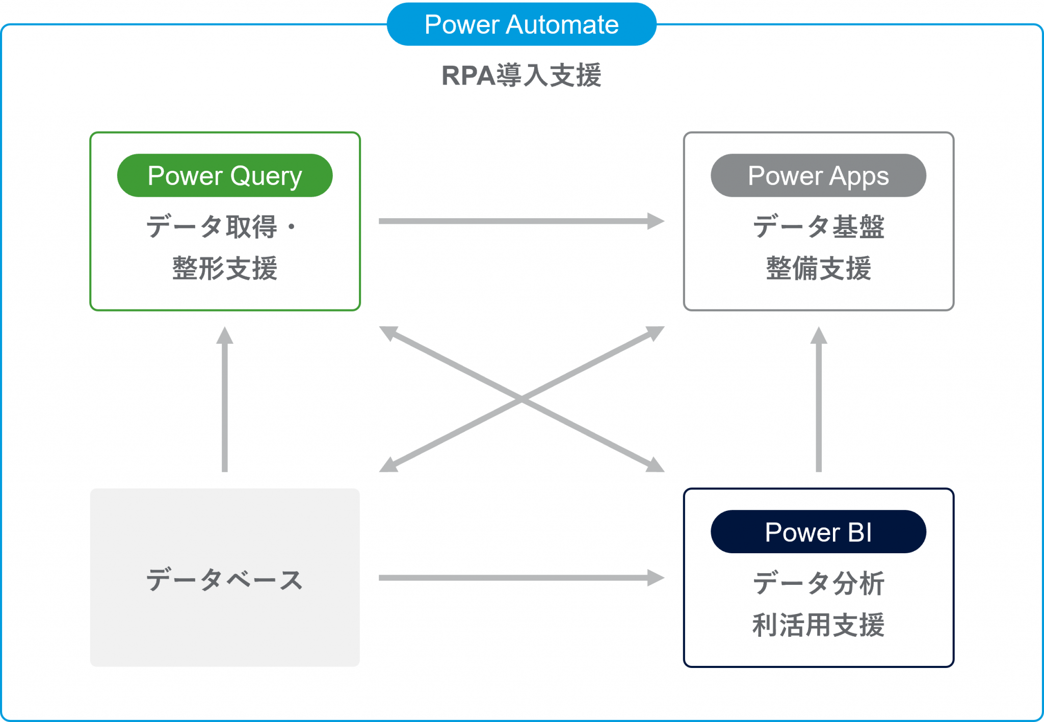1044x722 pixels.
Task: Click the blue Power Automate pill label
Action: (521, 24)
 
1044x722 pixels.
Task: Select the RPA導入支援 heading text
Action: (521, 75)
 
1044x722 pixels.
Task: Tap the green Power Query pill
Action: (225, 175)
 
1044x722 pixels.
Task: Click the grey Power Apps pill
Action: (818, 175)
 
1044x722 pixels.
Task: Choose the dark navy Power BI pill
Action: (818, 532)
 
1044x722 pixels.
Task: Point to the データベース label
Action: (225, 580)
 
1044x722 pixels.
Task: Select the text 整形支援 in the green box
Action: (225, 268)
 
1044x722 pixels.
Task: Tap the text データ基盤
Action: (818, 226)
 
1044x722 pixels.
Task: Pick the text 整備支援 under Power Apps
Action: (818, 268)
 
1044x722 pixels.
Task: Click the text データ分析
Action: (818, 583)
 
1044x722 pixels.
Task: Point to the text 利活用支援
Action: (818, 625)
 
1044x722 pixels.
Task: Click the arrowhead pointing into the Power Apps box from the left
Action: (656, 221)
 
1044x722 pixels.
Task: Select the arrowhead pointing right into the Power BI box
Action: (656, 578)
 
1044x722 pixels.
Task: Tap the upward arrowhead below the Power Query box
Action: (225, 336)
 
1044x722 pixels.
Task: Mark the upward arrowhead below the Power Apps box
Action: (819, 336)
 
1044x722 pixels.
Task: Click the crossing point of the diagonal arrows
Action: (521, 399)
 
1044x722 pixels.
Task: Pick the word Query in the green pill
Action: (266, 176)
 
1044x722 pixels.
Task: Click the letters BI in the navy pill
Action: (859, 532)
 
